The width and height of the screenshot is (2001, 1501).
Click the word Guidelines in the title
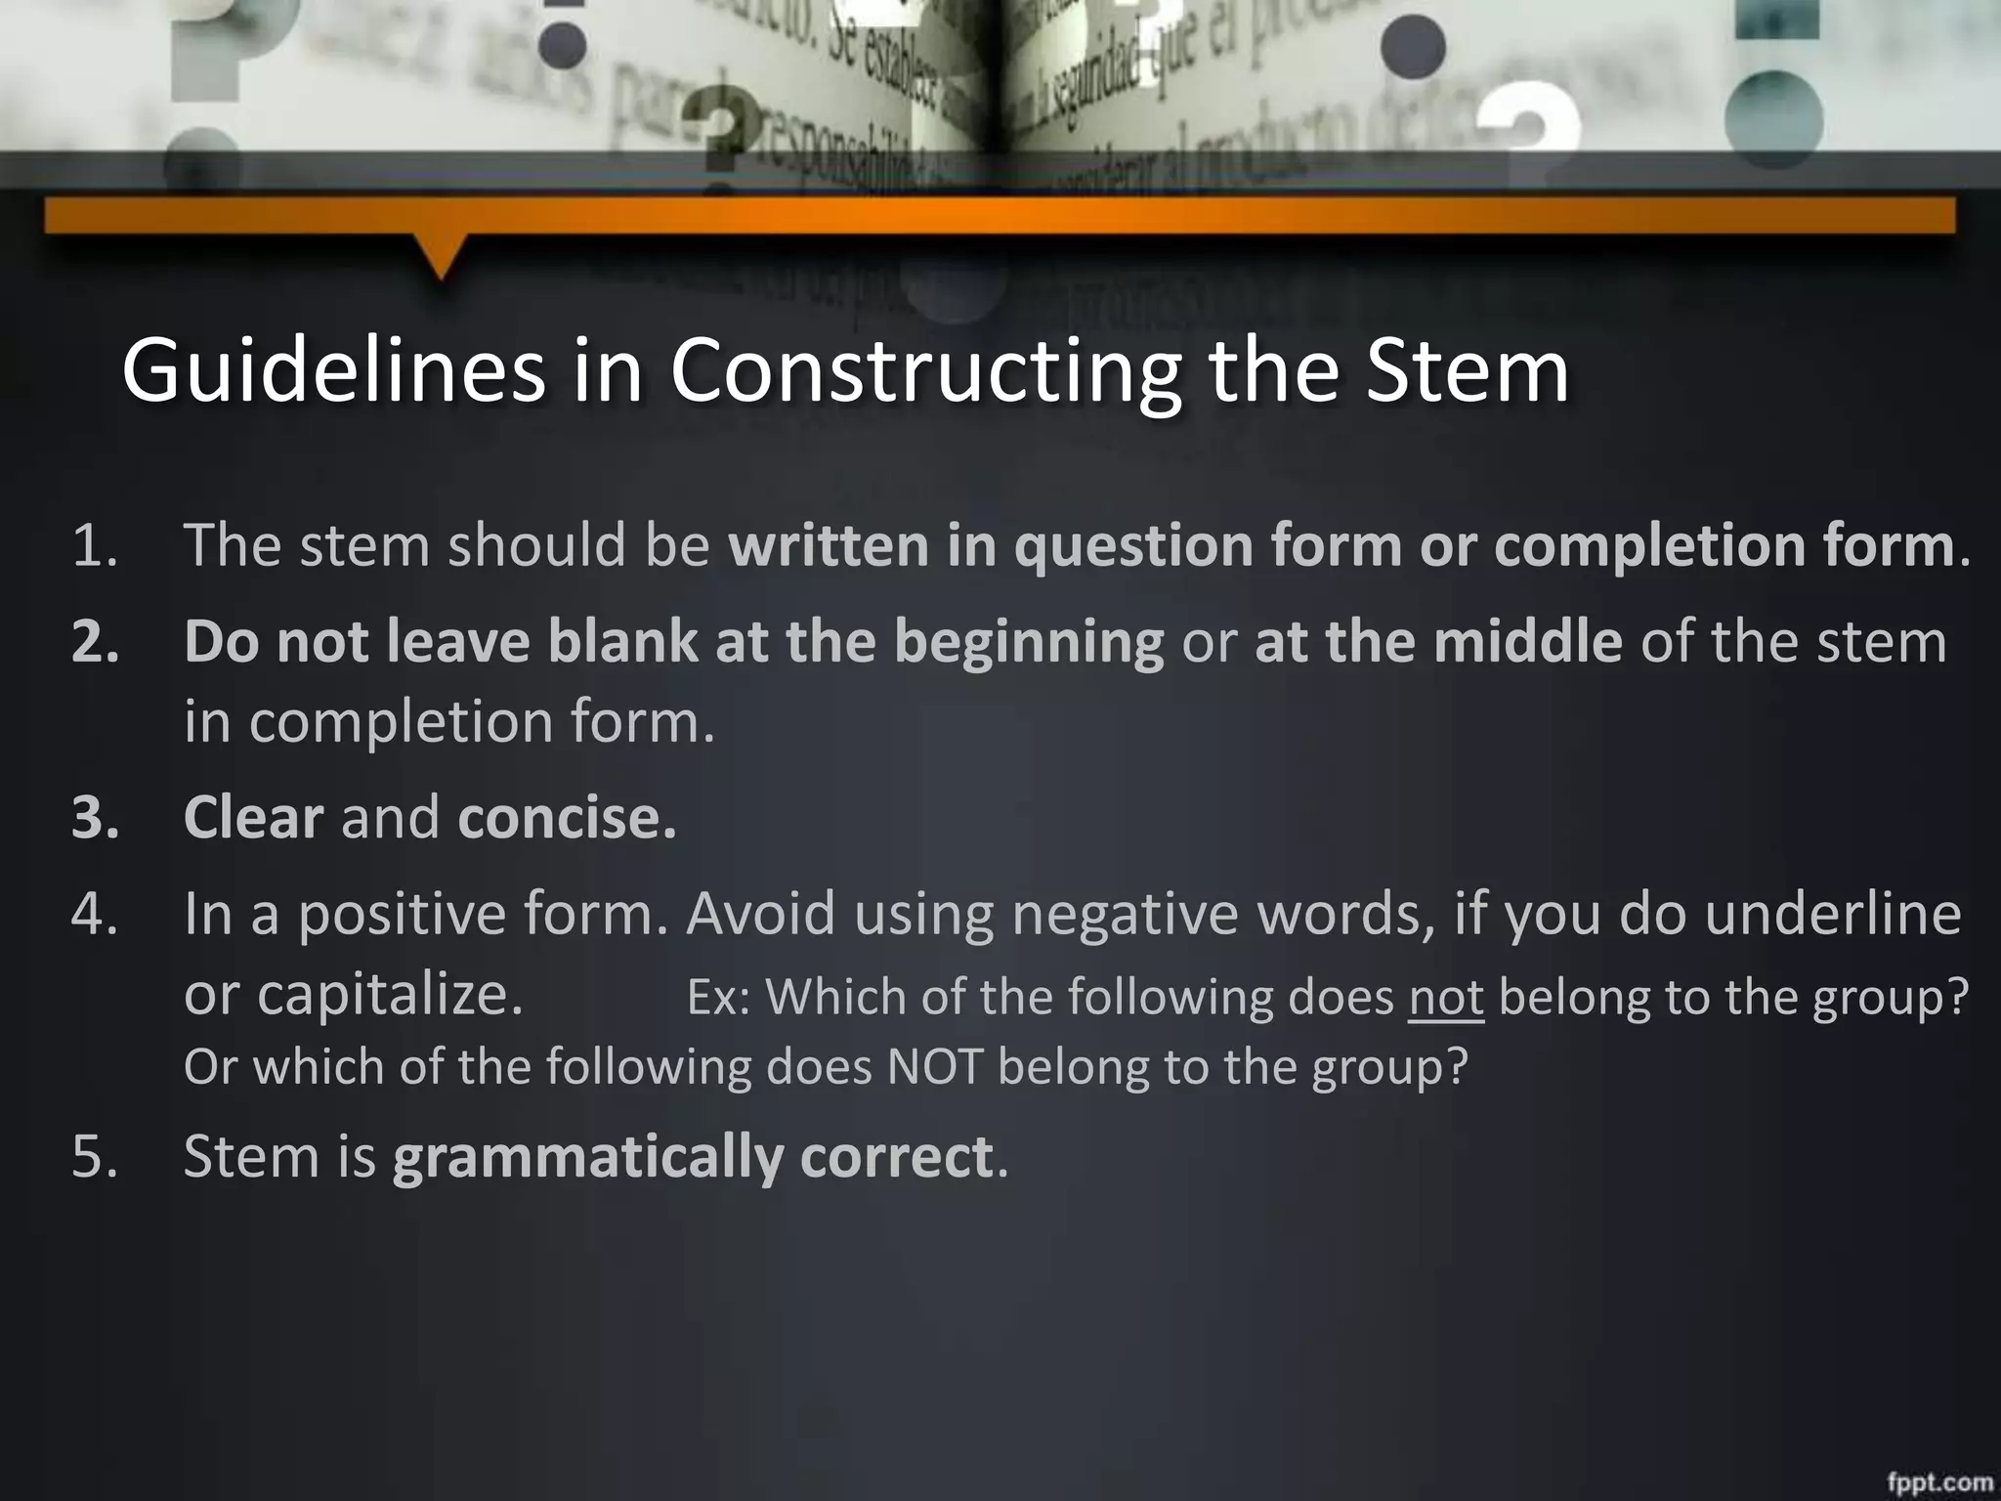[332, 370]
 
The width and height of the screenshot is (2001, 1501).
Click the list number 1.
[95, 545]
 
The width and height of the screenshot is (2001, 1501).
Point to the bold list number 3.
[95, 818]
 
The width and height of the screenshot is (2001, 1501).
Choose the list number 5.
[95, 1157]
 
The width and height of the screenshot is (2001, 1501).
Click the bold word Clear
[253, 818]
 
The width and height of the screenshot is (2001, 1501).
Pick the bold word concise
[566, 818]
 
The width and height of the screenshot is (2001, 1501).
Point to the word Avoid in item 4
[761, 915]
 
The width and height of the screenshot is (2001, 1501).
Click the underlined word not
[1446, 998]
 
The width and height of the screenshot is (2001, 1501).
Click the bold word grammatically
[587, 1157]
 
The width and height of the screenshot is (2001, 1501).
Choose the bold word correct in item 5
[895, 1157]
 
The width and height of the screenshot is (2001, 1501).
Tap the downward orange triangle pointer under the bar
[443, 256]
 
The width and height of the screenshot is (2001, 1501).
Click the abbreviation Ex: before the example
[717, 998]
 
